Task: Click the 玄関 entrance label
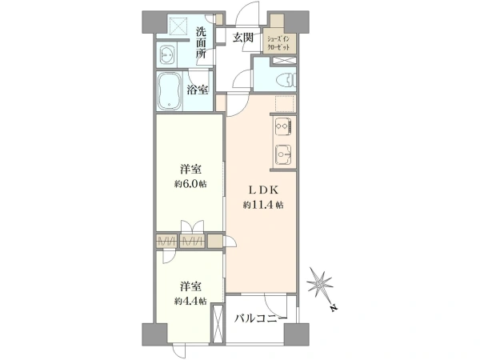point(243,38)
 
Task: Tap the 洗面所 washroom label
point(201,42)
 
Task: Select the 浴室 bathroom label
point(198,90)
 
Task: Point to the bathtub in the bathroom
point(170,91)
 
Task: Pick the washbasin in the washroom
point(167,55)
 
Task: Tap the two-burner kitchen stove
point(283,126)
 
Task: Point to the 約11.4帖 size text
point(263,205)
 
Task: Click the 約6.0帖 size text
point(190,184)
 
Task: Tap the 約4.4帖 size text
point(190,302)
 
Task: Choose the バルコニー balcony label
point(261,318)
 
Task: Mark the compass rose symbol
point(320,283)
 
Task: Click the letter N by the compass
point(334,308)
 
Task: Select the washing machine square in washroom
point(178,26)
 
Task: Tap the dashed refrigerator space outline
point(285,104)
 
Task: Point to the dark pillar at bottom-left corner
point(154,334)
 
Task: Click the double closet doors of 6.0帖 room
point(192,227)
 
